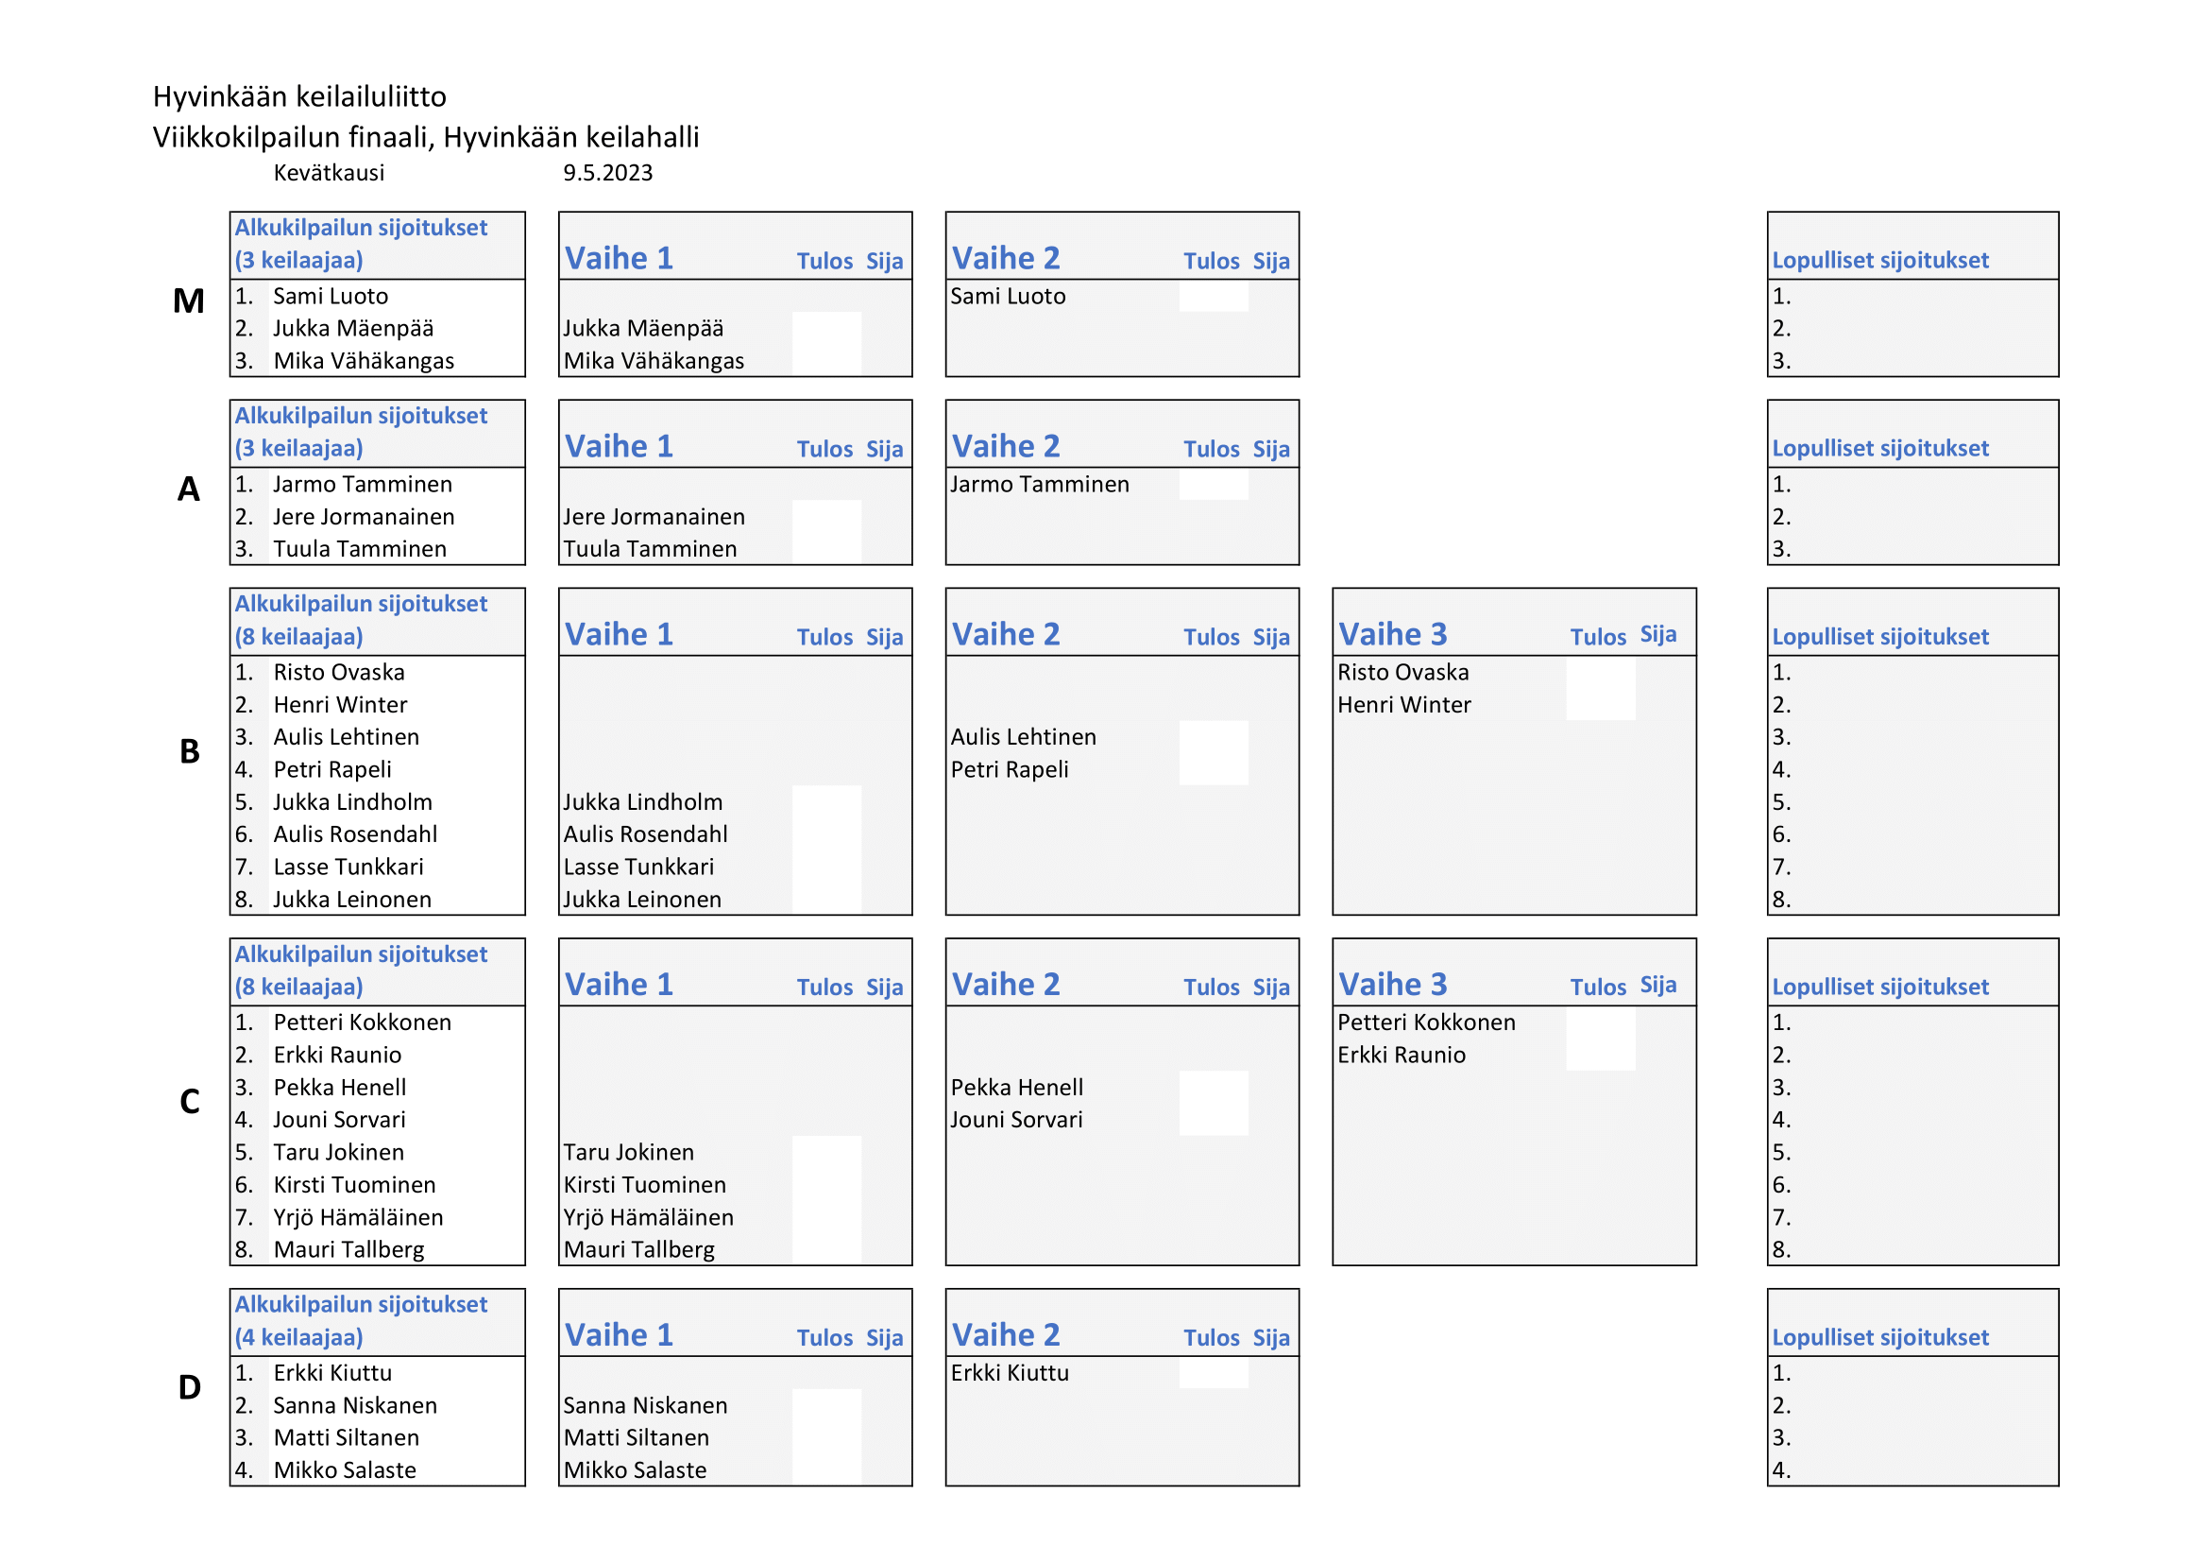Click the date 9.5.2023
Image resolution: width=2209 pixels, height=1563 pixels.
607,173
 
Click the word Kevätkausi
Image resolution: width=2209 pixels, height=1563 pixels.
328,173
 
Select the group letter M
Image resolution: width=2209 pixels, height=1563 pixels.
189,301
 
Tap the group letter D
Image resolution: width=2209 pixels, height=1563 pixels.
190,1387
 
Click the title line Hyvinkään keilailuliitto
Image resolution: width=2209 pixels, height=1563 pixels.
299,96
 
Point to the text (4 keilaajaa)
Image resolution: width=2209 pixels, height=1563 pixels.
298,1337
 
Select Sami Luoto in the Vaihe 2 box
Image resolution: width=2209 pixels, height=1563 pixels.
1008,297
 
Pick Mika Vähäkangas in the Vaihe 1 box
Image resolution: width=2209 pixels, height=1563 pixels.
654,361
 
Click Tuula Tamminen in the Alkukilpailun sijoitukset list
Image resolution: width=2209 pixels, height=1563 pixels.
359,550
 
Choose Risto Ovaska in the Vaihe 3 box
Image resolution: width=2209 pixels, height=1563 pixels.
1402,673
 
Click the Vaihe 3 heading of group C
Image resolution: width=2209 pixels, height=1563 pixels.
1392,985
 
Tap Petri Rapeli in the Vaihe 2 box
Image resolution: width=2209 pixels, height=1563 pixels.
1010,770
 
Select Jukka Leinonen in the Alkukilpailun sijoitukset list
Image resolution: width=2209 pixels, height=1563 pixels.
352,900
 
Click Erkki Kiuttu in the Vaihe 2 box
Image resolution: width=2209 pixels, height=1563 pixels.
1010,1373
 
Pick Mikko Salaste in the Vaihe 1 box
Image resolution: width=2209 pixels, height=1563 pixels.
634,1470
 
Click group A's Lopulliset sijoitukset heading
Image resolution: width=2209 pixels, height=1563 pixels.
1880,449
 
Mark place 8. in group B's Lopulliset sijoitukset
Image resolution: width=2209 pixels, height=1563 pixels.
1782,900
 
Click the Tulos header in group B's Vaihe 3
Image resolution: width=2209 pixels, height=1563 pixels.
1598,637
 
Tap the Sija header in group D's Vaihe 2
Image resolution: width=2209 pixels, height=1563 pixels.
1271,1338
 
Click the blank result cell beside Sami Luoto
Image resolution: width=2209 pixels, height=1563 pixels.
1214,297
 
